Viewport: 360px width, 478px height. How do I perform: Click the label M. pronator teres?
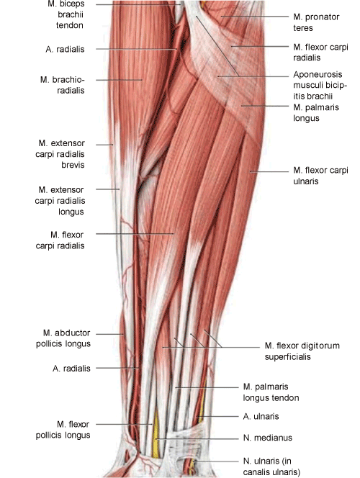[316, 22]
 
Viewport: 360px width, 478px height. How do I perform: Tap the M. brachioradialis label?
[63, 85]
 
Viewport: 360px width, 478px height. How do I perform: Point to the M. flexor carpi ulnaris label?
[320, 176]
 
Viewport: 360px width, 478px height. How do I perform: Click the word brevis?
[73, 165]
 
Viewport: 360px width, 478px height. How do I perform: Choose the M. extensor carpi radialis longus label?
[60, 201]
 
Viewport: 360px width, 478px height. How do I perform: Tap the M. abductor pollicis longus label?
[63, 338]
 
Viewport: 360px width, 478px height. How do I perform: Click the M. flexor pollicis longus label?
[63, 430]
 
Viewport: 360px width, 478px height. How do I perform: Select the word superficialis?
[287, 357]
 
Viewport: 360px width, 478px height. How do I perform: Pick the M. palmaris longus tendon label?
[271, 392]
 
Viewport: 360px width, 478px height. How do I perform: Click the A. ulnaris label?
[261, 416]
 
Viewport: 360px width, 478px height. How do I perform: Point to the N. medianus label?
[268, 438]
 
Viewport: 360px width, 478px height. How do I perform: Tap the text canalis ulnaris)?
[271, 472]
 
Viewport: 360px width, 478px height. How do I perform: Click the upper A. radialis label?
[65, 49]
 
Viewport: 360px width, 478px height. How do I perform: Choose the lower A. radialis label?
[71, 369]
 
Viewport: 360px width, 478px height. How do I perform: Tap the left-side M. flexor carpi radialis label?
[60, 240]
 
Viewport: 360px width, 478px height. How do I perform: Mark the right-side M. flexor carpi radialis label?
[320, 53]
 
